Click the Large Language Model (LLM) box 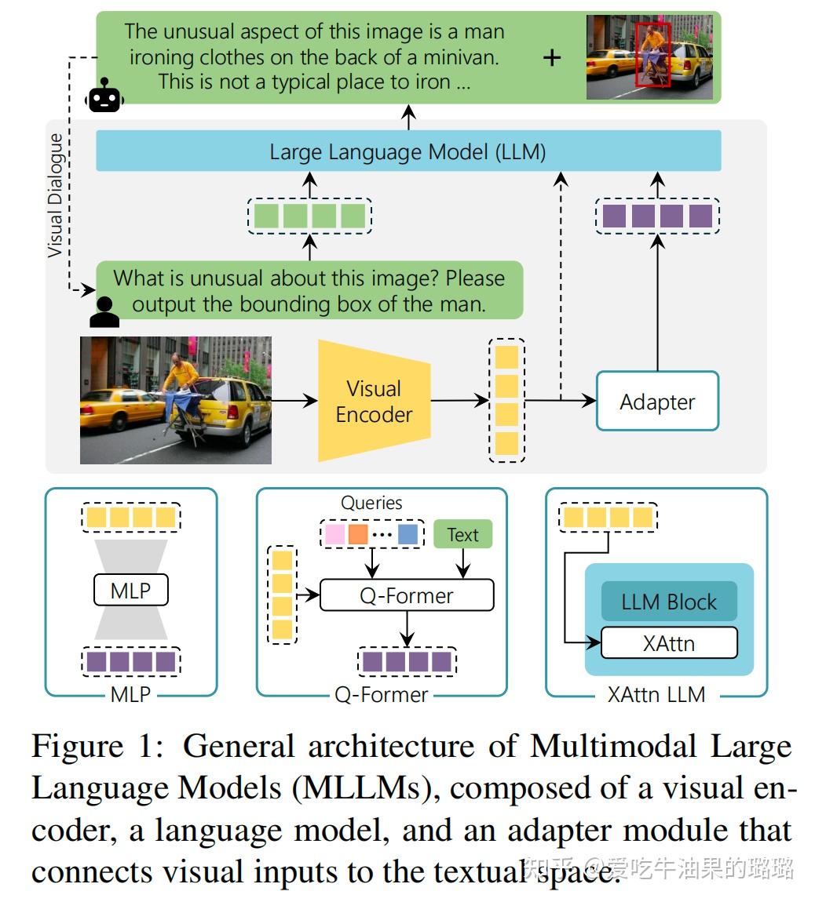(x=407, y=151)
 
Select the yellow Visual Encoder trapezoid (x=375, y=401)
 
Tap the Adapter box (x=657, y=402)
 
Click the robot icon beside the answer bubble (x=104, y=98)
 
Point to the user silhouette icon (x=104, y=311)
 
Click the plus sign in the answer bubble (x=552, y=57)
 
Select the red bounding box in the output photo (x=652, y=53)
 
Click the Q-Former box (x=406, y=595)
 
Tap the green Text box (x=462, y=534)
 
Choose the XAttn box (x=669, y=643)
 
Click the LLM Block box (x=669, y=602)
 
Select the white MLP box (x=130, y=591)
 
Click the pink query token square (x=334, y=534)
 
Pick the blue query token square (x=407, y=534)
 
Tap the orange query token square (x=358, y=534)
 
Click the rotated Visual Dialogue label (x=55, y=196)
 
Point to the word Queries (x=371, y=503)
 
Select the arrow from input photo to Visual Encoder (x=294, y=402)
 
